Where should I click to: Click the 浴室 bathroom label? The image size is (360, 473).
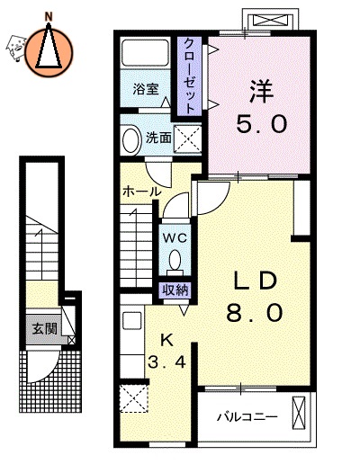pos(145,90)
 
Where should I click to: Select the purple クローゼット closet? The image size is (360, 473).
pos(191,75)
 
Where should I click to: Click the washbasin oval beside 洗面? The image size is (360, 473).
pos(130,138)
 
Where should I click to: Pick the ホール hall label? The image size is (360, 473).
pos(142,192)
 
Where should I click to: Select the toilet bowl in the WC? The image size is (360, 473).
pos(175,262)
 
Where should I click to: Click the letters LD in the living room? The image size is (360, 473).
pos(255,281)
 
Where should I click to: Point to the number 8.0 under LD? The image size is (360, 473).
pos(255,314)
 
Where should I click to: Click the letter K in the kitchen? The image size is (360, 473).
pos(166,339)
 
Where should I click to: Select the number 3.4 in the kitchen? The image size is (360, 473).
pos(166,364)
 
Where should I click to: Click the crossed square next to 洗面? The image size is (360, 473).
pos(188,138)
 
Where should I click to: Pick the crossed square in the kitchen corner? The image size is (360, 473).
pos(132,397)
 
